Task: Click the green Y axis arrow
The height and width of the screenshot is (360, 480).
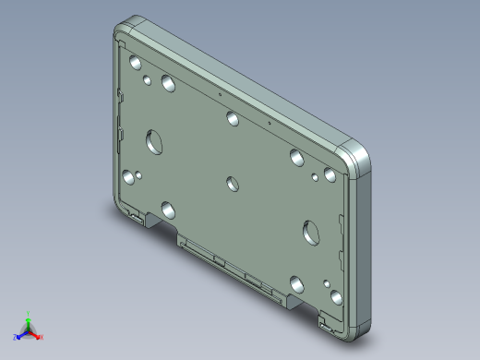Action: tap(29, 317)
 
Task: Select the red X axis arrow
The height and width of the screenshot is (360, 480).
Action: tap(39, 336)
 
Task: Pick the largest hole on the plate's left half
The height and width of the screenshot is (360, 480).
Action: tap(152, 142)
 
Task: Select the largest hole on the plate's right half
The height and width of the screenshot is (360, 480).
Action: tap(310, 231)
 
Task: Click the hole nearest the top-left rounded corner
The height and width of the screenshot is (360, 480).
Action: tap(136, 64)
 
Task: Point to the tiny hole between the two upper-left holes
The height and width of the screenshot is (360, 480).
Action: tap(148, 80)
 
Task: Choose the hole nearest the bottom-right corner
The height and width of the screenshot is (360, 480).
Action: tap(335, 298)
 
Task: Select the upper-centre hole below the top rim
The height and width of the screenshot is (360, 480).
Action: tap(233, 117)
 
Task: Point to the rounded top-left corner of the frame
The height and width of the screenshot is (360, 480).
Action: tap(127, 28)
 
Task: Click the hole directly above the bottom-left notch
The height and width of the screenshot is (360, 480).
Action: tap(167, 208)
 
